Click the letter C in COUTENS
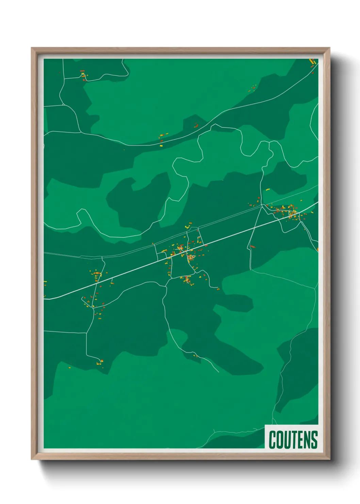click(x=272, y=440)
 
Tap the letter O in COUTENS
click(x=280, y=440)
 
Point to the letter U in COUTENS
click(x=287, y=440)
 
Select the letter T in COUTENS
click(x=294, y=440)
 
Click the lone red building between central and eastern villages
click(x=252, y=246)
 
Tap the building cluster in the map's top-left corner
click(x=83, y=75)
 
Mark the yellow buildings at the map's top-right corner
click(x=312, y=62)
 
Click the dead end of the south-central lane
click(x=218, y=372)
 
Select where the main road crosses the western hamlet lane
click(x=98, y=282)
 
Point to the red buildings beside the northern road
click(x=196, y=126)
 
